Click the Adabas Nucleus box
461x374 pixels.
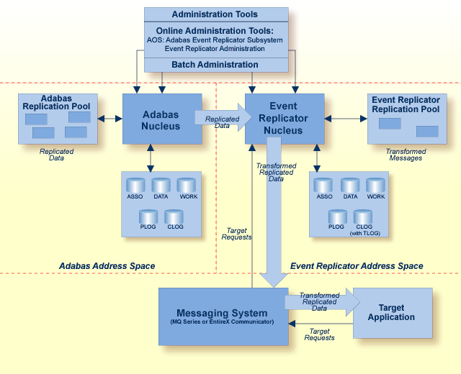[x=162, y=119]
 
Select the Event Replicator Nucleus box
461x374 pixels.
[x=285, y=119]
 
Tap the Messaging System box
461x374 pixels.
[x=223, y=316]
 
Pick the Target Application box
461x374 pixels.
[x=393, y=313]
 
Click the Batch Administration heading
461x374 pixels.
[x=215, y=65]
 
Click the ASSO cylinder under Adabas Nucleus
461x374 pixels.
[x=135, y=186]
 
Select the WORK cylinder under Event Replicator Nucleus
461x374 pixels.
[x=375, y=186]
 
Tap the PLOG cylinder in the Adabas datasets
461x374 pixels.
[x=148, y=216]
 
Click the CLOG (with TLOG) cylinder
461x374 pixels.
[x=363, y=216]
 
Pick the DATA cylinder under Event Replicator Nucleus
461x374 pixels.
[x=350, y=186]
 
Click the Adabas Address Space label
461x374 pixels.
[x=107, y=266]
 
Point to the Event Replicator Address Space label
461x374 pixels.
[x=357, y=266]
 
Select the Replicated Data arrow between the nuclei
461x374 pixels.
[x=223, y=117]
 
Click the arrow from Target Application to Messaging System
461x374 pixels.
[x=321, y=324]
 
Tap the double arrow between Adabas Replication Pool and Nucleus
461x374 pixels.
[x=110, y=119]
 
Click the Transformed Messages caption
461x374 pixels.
[x=406, y=155]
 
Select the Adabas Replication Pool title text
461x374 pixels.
[x=56, y=102]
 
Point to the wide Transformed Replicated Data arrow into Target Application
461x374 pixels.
[x=323, y=302]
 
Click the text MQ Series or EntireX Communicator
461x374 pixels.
[x=222, y=321]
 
